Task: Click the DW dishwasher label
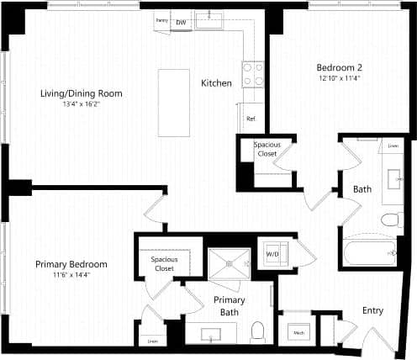pos(180,23)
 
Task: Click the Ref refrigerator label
pos(251,119)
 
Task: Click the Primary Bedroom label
pos(71,264)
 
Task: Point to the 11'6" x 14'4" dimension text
pos(71,276)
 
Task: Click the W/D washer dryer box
pos(273,253)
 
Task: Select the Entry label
pos(372,310)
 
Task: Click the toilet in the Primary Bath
pos(259,331)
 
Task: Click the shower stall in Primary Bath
pos(230,262)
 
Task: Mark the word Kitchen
pos(216,83)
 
